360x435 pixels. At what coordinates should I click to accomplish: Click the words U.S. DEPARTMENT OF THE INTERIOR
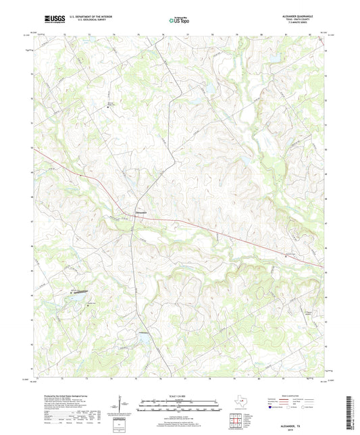(85, 17)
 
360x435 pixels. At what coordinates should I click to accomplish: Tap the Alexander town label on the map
(140, 214)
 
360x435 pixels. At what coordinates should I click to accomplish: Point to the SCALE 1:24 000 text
(180, 396)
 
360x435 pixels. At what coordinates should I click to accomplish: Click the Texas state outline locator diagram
(241, 403)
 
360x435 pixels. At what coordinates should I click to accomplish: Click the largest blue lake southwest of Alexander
(76, 296)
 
